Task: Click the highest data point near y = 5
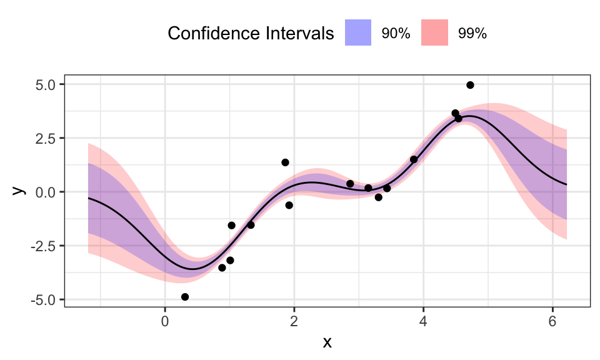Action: [x=470, y=85]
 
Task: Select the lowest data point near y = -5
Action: [x=185, y=297]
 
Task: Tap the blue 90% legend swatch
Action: [x=358, y=33]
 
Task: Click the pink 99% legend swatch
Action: [x=434, y=33]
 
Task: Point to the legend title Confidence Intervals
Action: [x=251, y=34]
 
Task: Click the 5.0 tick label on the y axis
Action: [x=46, y=84]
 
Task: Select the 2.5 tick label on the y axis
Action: [x=46, y=138]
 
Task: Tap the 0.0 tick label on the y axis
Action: [x=46, y=192]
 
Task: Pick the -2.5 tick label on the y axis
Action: [x=44, y=246]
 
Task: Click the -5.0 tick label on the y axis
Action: [x=44, y=299]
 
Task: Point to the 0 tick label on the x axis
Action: [x=164, y=321]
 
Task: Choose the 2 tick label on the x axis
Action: [x=294, y=321]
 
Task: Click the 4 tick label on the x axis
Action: [x=423, y=321]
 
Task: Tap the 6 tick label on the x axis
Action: [x=552, y=321]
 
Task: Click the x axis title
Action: [x=327, y=342]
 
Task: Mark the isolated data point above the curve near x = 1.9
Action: [x=285, y=162]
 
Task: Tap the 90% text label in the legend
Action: [x=396, y=34]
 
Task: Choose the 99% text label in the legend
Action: [x=472, y=34]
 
